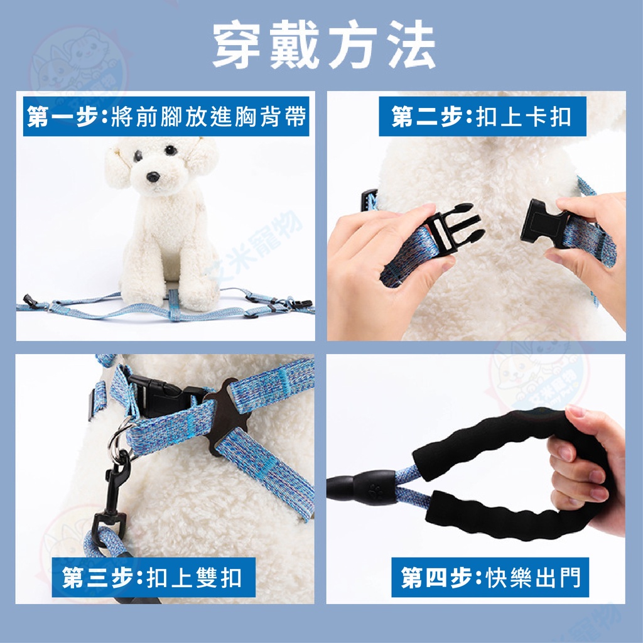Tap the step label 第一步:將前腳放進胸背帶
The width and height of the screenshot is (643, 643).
coord(166,116)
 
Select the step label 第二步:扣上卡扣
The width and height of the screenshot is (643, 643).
coord(482,116)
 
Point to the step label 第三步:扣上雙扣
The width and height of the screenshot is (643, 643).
coord(153,578)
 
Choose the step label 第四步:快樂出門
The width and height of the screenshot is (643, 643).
coord(490,578)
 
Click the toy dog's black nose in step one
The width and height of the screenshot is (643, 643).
coord(153,176)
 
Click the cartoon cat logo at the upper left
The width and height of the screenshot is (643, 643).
coord(78,65)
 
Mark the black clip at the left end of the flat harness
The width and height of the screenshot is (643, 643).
coord(30,301)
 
